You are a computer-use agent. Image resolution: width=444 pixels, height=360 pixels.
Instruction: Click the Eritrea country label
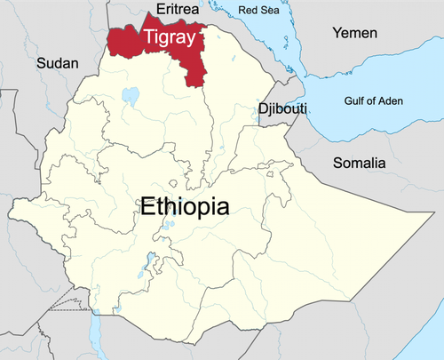pos(176,9)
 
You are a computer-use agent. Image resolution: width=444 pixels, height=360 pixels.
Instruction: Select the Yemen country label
pos(354,33)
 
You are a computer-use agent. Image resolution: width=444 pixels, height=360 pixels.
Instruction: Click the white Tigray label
pos(169,37)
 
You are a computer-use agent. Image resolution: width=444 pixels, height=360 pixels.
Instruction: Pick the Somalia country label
pos(359,163)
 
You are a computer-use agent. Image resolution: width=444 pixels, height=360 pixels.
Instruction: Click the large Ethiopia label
pos(185,206)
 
